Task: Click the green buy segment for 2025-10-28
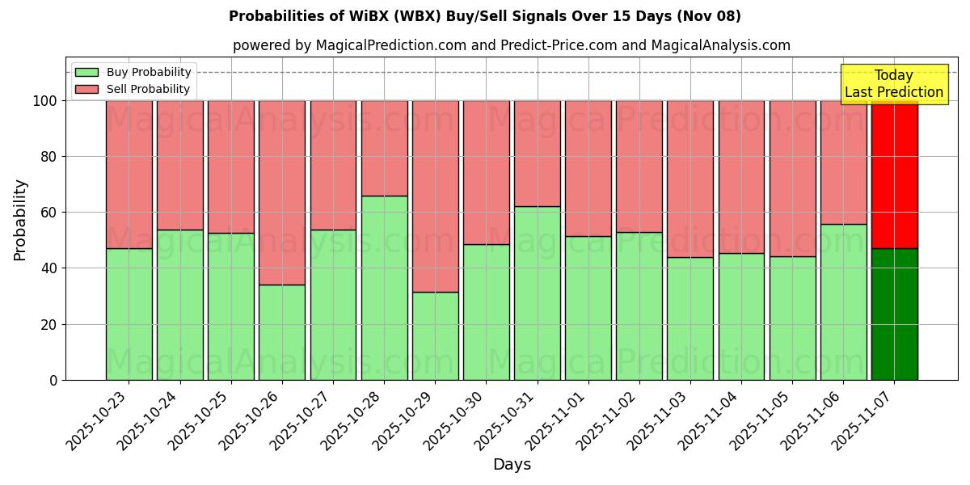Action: (x=384, y=288)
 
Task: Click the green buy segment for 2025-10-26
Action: (x=282, y=332)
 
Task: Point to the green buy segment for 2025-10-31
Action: (x=538, y=293)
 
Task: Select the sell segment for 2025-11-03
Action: (x=690, y=179)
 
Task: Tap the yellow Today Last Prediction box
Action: (x=893, y=84)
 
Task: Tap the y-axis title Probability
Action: (x=20, y=220)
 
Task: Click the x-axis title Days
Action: (x=512, y=465)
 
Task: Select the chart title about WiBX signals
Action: (x=485, y=16)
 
